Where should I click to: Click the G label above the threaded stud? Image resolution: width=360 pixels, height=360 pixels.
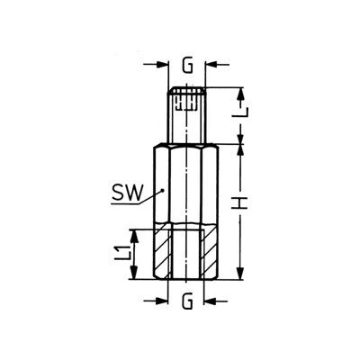pyautogui.click(x=187, y=67)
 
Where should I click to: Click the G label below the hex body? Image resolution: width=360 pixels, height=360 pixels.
pyautogui.click(x=187, y=302)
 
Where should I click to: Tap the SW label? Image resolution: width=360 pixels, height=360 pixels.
pyautogui.click(x=126, y=193)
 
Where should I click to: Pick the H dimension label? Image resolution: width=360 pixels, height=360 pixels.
pyautogui.click(x=240, y=203)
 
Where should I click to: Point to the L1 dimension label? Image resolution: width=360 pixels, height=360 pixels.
pyautogui.click(x=123, y=252)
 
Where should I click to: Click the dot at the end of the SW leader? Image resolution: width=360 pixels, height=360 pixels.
pyautogui.click(x=162, y=190)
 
